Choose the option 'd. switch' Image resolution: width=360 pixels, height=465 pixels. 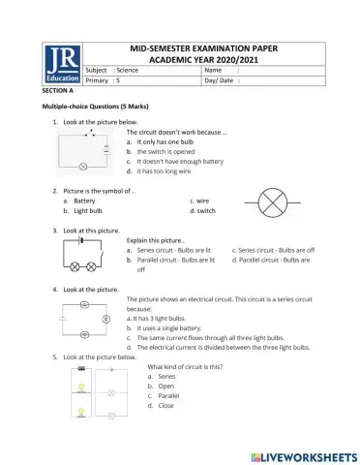click(203, 210)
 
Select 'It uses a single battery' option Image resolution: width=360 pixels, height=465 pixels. click(175, 327)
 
